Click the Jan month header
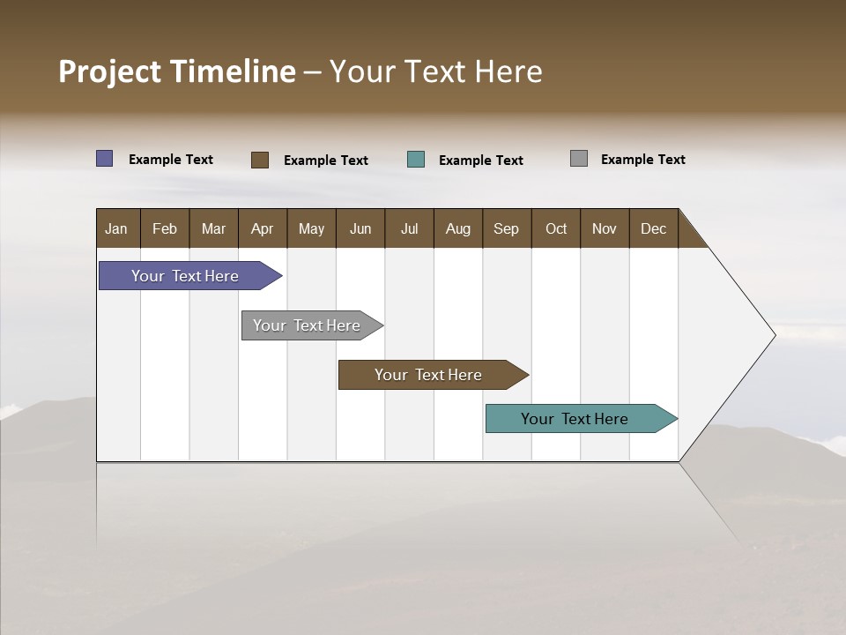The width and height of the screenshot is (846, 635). coord(117,228)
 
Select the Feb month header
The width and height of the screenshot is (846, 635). coord(165,228)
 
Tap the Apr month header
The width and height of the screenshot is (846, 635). coord(263,228)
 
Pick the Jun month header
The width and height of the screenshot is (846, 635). coord(360,228)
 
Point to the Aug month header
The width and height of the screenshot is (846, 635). coord(458,228)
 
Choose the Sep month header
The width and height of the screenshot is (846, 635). coord(507,228)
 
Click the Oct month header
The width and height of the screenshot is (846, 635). coord(556,228)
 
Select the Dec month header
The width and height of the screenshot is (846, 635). coord(654,228)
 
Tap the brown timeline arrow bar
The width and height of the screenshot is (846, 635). coord(429,375)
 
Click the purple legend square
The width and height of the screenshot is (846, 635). coord(105,159)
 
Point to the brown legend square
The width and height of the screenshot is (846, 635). coord(260,160)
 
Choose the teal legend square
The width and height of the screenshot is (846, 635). coord(416,160)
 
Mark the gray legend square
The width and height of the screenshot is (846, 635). coord(579,159)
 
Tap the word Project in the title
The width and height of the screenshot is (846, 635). coord(110,71)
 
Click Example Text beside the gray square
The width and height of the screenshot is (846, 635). coord(642,160)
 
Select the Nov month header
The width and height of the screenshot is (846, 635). coord(605,228)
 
